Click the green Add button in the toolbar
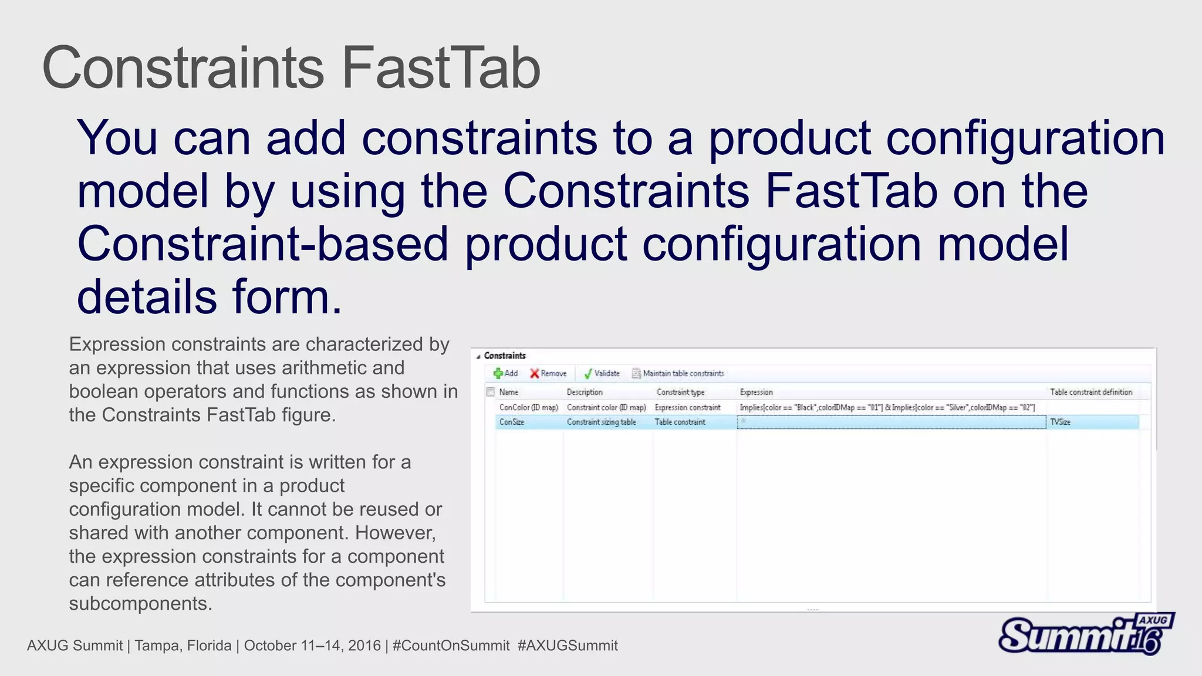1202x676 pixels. click(505, 373)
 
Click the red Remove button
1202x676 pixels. click(548, 373)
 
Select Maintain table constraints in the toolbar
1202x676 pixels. click(678, 373)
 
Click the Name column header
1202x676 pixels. click(509, 392)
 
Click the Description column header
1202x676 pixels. click(585, 392)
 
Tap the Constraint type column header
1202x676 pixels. click(680, 392)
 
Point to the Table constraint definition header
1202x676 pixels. click(1091, 392)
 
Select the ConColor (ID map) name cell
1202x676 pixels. click(528, 407)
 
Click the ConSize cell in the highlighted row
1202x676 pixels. click(512, 422)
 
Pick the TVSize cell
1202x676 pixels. click(1060, 422)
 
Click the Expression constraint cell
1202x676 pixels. click(687, 407)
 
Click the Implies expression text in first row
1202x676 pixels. click(887, 407)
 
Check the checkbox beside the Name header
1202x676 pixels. click(491, 392)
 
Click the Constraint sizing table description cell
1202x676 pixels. click(601, 422)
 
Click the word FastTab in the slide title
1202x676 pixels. click(440, 68)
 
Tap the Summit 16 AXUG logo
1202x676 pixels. click(1085, 634)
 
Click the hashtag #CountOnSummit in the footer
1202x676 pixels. click(451, 645)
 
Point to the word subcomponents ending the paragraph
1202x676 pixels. click(140, 603)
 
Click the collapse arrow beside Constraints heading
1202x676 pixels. click(478, 356)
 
